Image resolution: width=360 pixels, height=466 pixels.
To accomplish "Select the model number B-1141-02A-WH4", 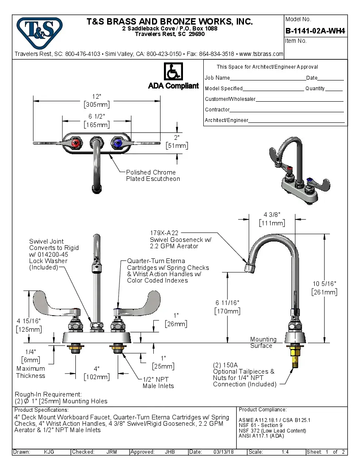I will point(315,31).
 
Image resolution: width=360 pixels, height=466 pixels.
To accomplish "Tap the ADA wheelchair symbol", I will point(173,72).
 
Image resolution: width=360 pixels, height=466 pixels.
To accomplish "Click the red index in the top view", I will point(76,144).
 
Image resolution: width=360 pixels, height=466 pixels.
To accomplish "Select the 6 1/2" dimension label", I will point(97,116).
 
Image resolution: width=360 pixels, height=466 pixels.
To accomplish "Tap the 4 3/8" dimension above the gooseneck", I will point(272,214).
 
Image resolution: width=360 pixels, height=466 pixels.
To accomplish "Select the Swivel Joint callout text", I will point(54,254).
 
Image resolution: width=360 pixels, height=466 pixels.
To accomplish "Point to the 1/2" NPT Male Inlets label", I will point(158,383).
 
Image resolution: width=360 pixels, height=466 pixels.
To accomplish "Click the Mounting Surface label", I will point(263,342).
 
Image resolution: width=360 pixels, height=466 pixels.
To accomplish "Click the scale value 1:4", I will point(285,452).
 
